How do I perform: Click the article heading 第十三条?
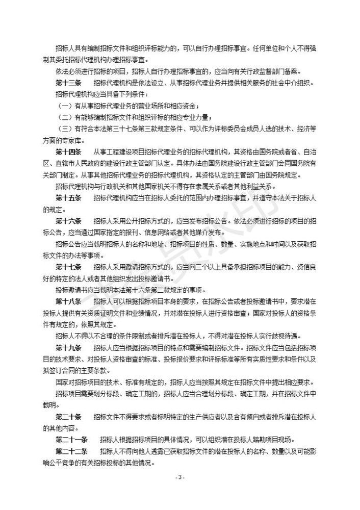68,83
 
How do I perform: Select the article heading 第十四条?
68,151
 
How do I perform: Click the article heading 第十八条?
68,301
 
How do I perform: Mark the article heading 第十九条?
68,348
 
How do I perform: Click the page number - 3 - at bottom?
179,478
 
